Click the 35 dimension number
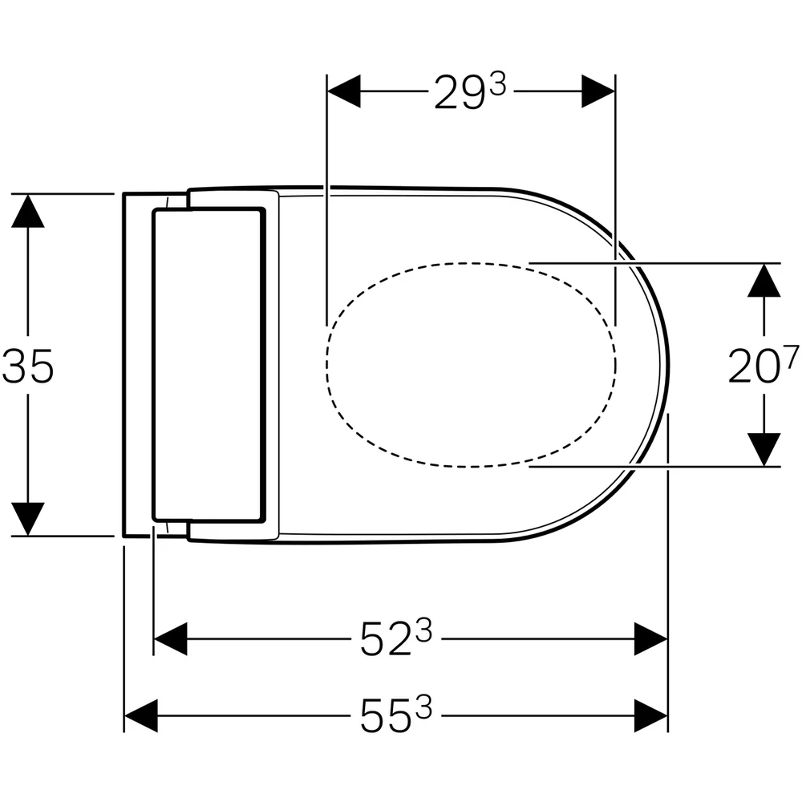[27, 367]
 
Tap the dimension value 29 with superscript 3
[470, 91]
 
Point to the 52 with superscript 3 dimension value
[396, 638]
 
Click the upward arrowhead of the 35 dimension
[27, 210]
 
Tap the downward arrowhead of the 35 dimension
[27, 519]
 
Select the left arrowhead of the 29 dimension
[344, 91]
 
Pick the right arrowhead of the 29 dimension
[598, 91]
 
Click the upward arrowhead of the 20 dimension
[764, 280]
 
